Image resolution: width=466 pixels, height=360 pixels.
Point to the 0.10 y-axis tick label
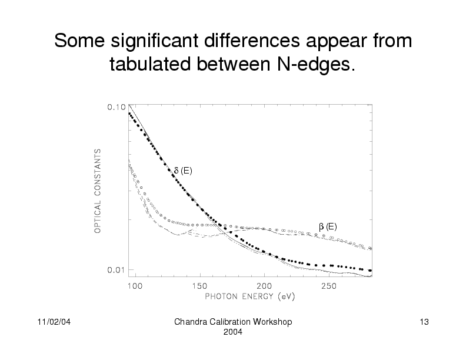[115, 108]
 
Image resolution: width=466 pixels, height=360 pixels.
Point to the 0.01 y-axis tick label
[115, 270]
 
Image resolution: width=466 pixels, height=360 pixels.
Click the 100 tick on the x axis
[135, 286]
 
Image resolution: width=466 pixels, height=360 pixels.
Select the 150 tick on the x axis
[199, 286]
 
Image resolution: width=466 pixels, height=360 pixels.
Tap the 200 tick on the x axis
[264, 286]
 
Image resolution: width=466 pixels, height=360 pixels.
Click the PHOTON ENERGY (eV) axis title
[249, 296]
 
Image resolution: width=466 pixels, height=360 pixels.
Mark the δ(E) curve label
[182, 171]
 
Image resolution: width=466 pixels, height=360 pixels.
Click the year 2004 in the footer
[234, 333]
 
